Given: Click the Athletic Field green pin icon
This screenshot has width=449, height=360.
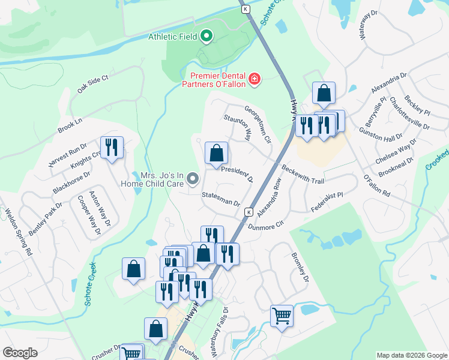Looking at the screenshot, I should tap(207, 37).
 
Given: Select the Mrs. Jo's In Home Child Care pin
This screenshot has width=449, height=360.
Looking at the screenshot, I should tap(193, 178).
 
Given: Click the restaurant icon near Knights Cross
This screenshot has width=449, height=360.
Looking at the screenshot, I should tap(111, 148).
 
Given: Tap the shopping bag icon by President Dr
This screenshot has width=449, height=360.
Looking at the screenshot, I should tap(217, 153).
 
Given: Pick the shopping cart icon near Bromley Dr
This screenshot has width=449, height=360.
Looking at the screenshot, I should tap(282, 315).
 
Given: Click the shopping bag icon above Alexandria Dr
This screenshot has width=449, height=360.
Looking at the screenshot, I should tap(324, 93).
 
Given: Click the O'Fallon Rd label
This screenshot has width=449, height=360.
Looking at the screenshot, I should tap(377, 187).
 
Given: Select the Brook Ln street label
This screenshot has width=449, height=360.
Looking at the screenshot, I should tap(70, 125).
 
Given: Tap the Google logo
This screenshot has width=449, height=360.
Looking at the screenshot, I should tap(20, 353).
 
